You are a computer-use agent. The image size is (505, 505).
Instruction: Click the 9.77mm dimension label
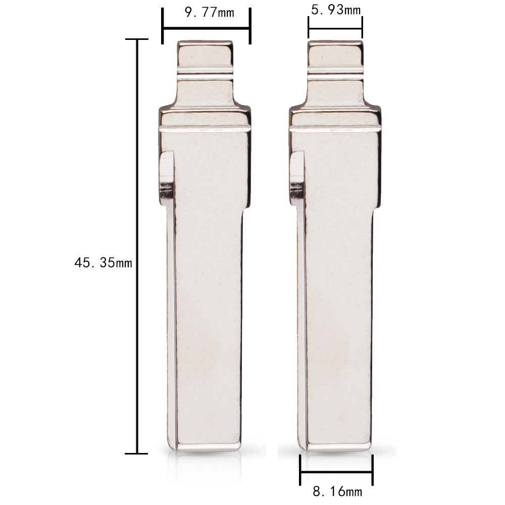coord(210,13)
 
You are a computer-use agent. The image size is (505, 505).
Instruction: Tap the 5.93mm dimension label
coord(336,10)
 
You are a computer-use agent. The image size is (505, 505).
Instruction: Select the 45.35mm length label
coord(103,263)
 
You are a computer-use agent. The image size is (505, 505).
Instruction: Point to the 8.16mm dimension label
coord(337,492)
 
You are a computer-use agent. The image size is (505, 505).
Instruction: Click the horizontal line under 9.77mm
coord(206,29)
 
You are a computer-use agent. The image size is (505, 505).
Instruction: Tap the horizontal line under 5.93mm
coord(335,29)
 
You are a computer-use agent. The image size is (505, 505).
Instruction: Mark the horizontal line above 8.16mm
coord(336,473)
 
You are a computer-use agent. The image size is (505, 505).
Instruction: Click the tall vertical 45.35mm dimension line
coord(137,246)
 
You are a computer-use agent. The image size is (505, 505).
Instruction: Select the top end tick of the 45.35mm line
coord(136,39)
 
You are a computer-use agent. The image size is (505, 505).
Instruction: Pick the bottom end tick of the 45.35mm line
coord(136,453)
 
